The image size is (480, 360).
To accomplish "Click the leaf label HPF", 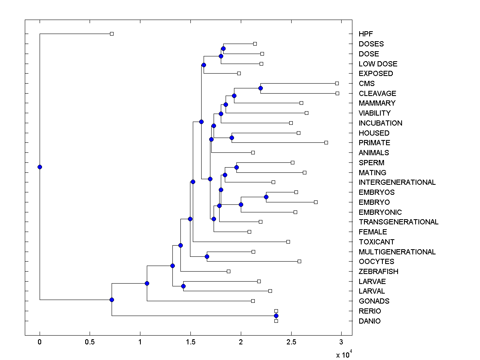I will coord(366,34).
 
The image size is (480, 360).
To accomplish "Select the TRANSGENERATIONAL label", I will coord(398,222).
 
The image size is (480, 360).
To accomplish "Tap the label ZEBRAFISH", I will coord(378,272).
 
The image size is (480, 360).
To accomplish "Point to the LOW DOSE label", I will coord(378,64).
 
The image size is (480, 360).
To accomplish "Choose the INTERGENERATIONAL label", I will coord(397,182).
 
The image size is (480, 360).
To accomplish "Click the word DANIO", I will coord(370,321).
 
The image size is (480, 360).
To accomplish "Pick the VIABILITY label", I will coord(374,113).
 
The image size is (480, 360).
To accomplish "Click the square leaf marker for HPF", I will coord(112,34).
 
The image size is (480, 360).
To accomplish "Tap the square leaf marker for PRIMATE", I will coord(326,142).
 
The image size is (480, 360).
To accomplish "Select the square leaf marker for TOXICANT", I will coord(288,242).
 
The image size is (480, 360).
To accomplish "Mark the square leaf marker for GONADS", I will coord(253,301).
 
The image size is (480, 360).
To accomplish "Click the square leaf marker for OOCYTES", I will coord(299,261).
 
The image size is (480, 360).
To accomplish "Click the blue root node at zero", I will coord(40,167).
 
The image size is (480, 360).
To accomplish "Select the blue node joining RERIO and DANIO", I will coord(276,316).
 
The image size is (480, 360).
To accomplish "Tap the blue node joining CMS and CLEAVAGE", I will coord(260,88).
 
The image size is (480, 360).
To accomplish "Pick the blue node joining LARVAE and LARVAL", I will coord(183,286).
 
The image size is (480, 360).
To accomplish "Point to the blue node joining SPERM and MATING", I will coord(236,167).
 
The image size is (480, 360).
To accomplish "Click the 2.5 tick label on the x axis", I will coord(291,342).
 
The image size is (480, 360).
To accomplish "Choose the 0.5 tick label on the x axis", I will coord(90,342).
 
